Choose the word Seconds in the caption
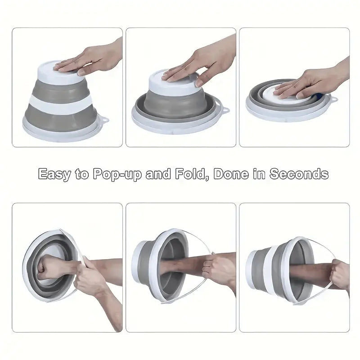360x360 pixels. pos(299,174)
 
